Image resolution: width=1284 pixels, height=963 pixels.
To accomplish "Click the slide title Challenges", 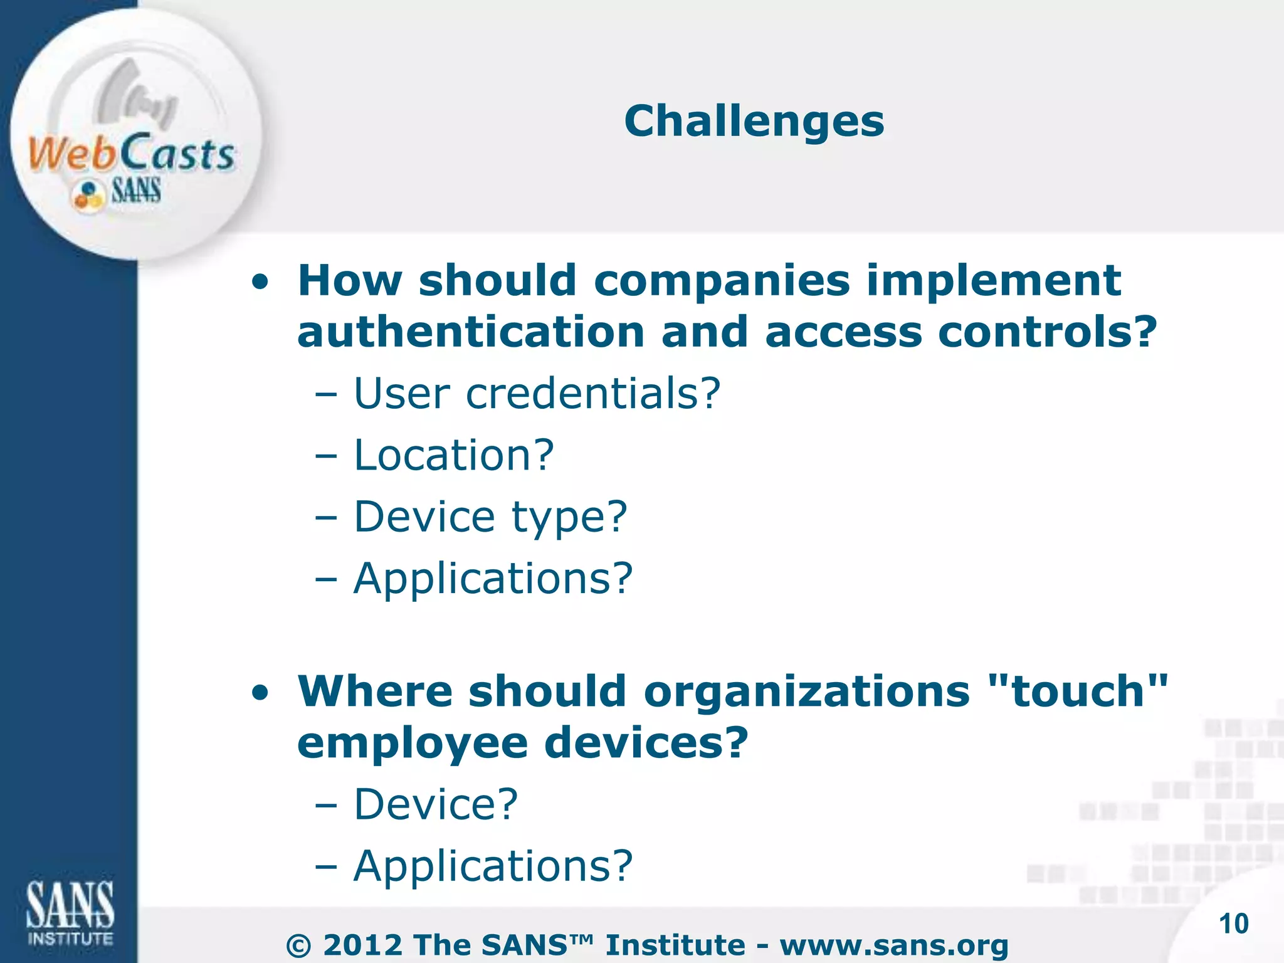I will coord(754,121).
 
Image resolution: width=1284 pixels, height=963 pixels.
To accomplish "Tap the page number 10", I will coord(1233,924).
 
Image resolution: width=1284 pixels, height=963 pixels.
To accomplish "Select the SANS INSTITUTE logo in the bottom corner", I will coord(70,912).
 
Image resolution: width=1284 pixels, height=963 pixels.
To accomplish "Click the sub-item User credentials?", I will coord(537,394).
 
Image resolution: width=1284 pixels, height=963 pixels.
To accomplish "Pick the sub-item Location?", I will coord(454,455).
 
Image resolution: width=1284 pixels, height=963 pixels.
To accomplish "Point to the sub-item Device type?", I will coord(490,517).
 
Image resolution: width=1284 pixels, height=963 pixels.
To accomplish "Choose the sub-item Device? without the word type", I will coord(436,804).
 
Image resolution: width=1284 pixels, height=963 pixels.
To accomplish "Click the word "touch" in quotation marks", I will coord(1078,691).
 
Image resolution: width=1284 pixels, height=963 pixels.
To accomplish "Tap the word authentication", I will coord(471,332).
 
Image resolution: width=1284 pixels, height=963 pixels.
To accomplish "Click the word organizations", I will coord(807,691).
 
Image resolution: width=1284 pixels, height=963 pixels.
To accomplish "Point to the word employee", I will coord(413,744).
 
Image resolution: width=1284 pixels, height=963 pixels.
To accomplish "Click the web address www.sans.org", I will coord(894,945).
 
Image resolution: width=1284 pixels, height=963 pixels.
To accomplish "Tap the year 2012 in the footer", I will coord(362,945).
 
